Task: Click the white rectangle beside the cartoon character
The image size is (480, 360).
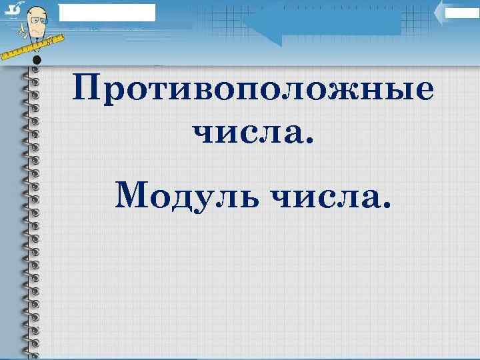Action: (x=107, y=12)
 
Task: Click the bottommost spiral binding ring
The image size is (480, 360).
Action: (x=31, y=351)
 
